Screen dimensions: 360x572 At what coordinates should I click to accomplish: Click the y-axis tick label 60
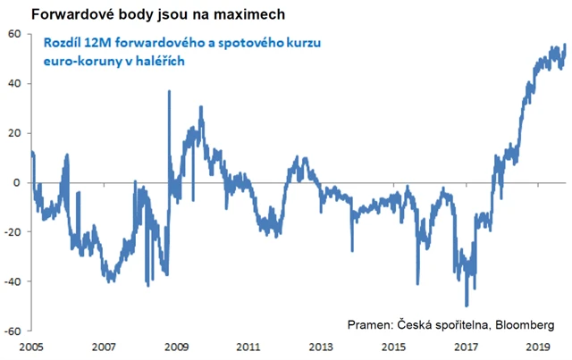tap(15, 34)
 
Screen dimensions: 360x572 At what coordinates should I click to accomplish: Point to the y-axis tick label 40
tap(15, 84)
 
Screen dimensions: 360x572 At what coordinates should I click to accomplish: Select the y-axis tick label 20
tap(15, 133)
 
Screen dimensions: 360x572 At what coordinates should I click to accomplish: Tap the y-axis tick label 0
tap(18, 182)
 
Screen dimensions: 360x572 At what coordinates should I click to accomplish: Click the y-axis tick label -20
tap(13, 232)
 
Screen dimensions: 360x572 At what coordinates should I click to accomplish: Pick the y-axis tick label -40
tap(13, 281)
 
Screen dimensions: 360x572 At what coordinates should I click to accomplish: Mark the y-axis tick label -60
tap(13, 331)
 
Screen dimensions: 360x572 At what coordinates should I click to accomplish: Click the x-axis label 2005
tap(31, 347)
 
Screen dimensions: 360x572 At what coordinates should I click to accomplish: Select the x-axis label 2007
tap(104, 347)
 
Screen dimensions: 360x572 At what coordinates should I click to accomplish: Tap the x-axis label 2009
tap(176, 347)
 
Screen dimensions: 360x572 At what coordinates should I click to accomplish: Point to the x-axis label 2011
tap(248, 347)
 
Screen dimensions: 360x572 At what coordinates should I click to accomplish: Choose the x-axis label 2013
tap(320, 347)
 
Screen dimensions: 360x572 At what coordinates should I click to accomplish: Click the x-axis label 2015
tap(392, 347)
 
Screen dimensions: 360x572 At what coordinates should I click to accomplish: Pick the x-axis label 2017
tap(465, 347)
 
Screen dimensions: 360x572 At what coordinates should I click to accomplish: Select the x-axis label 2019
tap(536, 347)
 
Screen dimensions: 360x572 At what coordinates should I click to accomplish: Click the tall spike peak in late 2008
tap(169, 91)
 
